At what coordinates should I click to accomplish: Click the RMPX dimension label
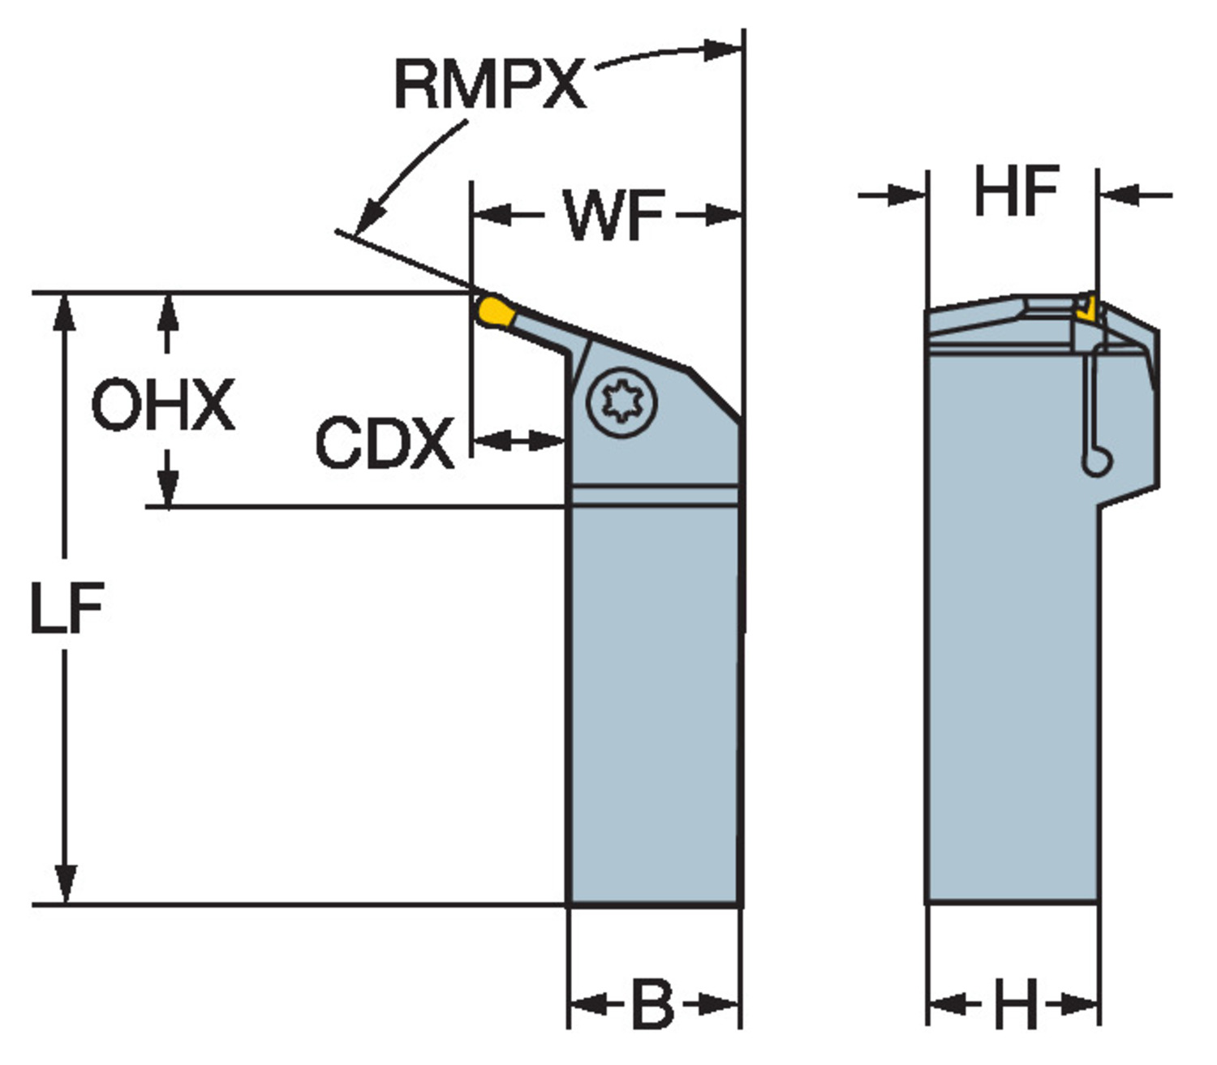pos(489,84)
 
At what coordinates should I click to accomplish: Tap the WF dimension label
pos(614,216)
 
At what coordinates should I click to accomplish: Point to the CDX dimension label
pos(384,443)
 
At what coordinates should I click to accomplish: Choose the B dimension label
pos(652,1004)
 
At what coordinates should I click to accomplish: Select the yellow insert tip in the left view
pos(494,311)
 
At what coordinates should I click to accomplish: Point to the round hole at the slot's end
pos(1096,463)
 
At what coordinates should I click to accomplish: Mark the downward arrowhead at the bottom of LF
pos(66,884)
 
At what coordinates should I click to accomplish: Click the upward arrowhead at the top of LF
pos(66,312)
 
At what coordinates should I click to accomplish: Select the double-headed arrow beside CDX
pos(518,440)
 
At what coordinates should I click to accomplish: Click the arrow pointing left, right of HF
pos(1120,194)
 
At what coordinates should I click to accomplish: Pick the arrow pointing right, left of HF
pos(905,194)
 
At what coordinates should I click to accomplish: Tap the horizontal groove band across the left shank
pos(653,496)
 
